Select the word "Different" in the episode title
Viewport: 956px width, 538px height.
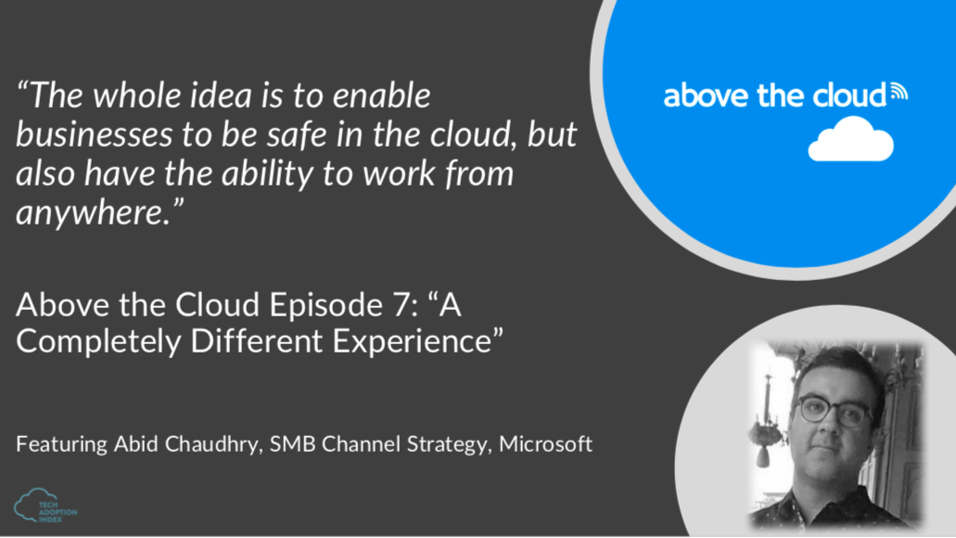point(257,340)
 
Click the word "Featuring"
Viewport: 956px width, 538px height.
point(61,444)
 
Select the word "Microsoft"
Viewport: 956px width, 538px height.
point(545,443)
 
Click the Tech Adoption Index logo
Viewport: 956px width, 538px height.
point(45,506)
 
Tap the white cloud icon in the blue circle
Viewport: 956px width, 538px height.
point(850,139)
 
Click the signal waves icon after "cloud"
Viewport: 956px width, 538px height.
point(899,92)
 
